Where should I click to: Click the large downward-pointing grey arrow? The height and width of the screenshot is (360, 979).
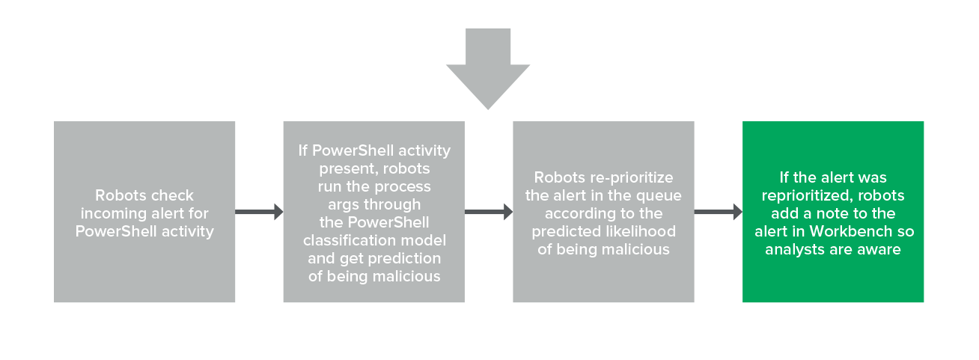coord(488,66)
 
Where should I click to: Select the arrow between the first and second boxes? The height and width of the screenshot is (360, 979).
coord(259,212)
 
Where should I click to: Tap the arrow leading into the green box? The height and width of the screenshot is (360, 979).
coord(718,212)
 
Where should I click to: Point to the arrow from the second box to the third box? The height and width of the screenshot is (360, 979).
coord(489,212)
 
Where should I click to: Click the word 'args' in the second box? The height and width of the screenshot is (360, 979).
coord(343,205)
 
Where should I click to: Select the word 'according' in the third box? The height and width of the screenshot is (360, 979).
coord(577,214)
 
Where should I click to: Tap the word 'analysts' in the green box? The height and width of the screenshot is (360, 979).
coord(795,249)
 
